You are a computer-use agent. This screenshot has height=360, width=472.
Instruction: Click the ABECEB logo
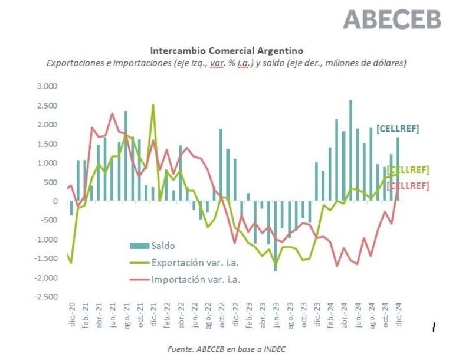click(x=392, y=19)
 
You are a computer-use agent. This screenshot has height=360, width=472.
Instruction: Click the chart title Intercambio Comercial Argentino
click(x=227, y=51)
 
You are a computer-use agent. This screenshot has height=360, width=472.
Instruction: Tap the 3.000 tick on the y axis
click(x=47, y=86)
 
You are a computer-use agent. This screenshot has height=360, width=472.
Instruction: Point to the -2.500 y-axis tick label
click(x=45, y=297)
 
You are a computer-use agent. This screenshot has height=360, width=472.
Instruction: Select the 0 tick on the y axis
click(x=55, y=201)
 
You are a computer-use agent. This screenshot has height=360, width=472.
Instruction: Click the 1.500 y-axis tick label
click(x=47, y=144)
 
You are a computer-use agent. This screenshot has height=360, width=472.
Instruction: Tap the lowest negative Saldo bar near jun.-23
click(x=276, y=236)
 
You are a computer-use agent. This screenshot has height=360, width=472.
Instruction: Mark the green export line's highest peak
click(x=153, y=106)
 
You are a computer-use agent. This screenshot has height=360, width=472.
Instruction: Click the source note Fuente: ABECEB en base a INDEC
click(x=227, y=349)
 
